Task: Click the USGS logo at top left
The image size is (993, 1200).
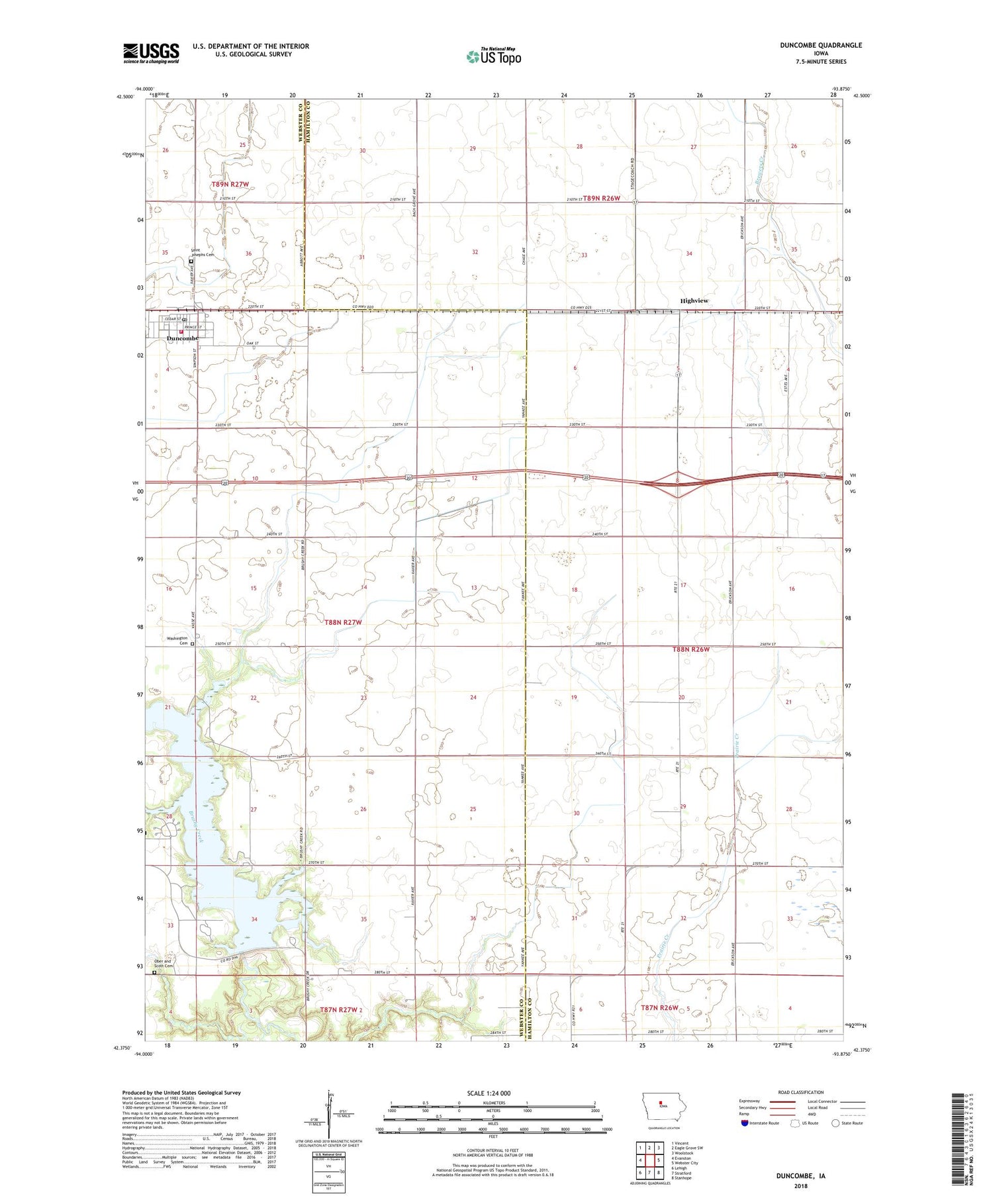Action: point(151,53)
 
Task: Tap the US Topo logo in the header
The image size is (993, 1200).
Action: point(493,57)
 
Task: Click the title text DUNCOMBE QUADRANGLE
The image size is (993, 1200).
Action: point(821,45)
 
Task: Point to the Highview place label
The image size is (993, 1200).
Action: point(694,300)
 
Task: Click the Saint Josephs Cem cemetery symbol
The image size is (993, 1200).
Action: point(191,261)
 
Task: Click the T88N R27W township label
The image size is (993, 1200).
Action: point(343,622)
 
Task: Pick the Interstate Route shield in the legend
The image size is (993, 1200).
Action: point(745,1123)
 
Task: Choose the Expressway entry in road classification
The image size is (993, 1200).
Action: point(752,1101)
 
